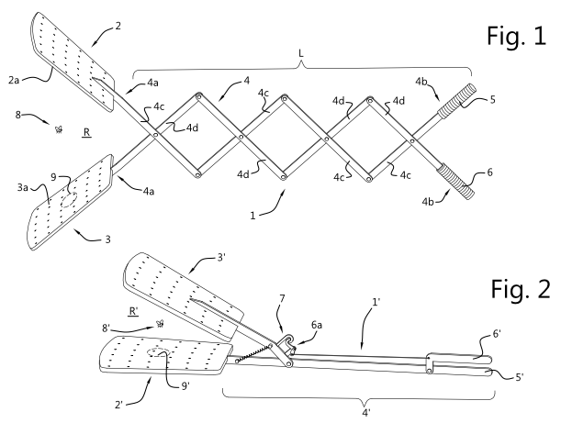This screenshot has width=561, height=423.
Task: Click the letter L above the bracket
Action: [303, 52]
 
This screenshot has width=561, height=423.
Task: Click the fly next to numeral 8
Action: [61, 130]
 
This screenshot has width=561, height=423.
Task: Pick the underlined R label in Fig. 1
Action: [85, 133]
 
